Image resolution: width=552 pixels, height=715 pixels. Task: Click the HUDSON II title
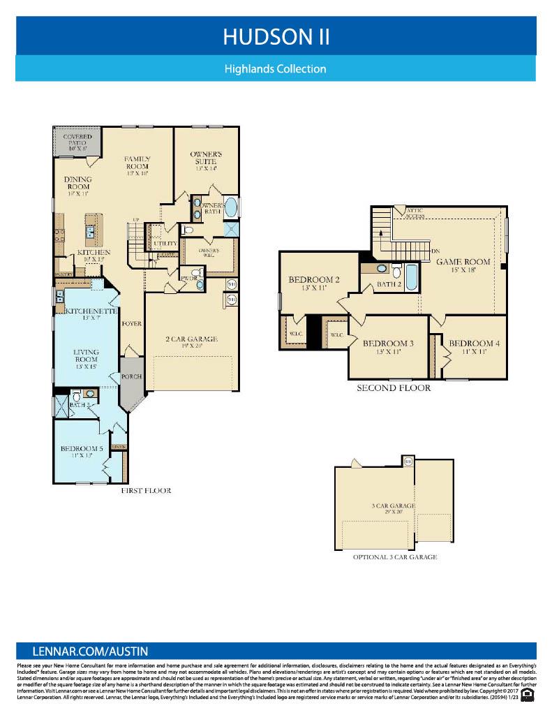(x=276, y=37)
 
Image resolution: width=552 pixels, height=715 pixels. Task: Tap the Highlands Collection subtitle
(x=276, y=69)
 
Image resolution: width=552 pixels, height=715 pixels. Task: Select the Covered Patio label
(x=77, y=142)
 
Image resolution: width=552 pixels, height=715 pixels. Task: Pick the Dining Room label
(x=78, y=187)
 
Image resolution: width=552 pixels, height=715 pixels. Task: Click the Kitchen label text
(x=94, y=252)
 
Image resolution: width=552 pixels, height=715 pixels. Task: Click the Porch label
(x=131, y=376)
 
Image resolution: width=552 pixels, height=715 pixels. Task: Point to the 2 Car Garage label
(x=192, y=339)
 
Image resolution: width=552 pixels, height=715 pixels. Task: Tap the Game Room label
(x=463, y=262)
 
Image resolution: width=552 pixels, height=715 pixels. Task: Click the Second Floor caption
(x=394, y=388)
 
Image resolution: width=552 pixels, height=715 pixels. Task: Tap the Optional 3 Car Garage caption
(x=394, y=556)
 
